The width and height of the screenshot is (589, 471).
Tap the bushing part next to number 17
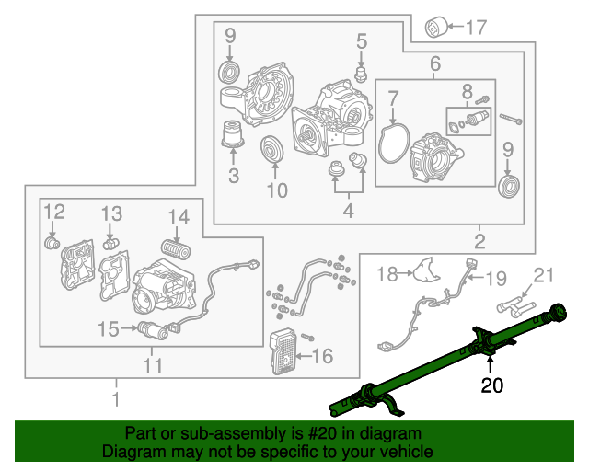coord(436,28)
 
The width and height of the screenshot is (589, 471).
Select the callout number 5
coord(362,40)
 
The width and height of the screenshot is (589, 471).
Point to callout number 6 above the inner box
coord(434,63)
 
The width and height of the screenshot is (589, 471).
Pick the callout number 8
coord(468,91)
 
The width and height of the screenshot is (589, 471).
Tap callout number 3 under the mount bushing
coord(234,175)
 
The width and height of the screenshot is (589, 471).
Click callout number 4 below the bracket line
coord(346,213)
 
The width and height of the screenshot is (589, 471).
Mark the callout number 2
coord(479,243)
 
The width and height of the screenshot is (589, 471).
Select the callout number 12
coord(54,213)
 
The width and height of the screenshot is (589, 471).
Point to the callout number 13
coord(111,213)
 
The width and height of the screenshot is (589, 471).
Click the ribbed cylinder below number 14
coord(174,248)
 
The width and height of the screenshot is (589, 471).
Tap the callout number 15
coord(108,328)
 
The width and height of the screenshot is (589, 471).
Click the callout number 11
coord(153,366)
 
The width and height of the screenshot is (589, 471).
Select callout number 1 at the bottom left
coord(116,399)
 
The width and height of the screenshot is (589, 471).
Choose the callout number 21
coord(546,275)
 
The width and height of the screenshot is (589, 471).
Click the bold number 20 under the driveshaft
coord(492,386)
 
